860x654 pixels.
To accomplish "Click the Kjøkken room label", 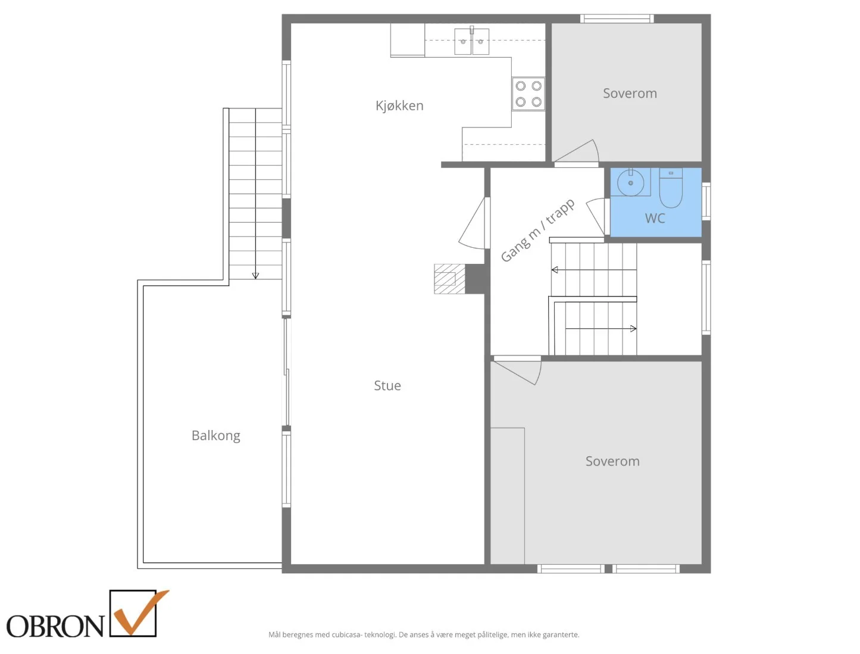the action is tap(399, 105).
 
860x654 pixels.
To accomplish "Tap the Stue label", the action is tap(387, 385).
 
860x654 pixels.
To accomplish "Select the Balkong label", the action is tap(216, 435).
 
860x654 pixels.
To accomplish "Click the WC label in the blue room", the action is tap(655, 218).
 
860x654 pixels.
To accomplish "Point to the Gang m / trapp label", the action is tap(537, 230).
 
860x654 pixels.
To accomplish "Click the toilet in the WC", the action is tap(670, 188).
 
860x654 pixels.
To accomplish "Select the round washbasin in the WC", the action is tap(630, 183).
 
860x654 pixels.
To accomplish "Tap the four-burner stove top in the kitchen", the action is tap(528, 94).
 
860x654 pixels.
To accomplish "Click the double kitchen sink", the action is tap(471, 41).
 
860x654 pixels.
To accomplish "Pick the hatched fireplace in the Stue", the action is tap(449, 279).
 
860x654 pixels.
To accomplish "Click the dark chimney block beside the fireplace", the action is tap(475, 279).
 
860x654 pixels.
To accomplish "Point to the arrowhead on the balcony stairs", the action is tap(255, 276).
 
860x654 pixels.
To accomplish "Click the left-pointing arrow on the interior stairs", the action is tap(593, 270).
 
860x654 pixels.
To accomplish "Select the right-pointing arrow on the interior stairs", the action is tap(601, 329).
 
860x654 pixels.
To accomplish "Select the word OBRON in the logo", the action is tap(55, 626).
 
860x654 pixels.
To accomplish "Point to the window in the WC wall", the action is tap(706, 201).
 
